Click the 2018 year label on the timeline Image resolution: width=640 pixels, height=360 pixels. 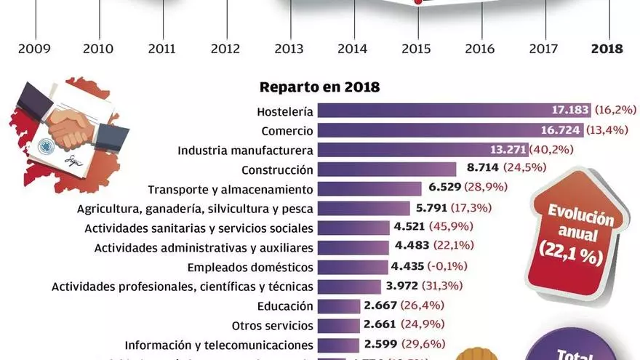click(x=607, y=49)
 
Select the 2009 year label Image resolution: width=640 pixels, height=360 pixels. click(x=34, y=49)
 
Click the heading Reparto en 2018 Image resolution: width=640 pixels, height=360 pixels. click(x=320, y=87)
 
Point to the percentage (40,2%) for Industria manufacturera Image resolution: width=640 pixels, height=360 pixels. click(x=552, y=150)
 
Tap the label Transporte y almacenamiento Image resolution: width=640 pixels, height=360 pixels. click(x=231, y=189)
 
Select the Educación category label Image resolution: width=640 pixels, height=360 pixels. click(x=285, y=305)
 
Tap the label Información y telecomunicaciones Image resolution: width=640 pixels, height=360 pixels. click(x=219, y=345)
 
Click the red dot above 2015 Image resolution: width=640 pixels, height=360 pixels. click(x=419, y=3)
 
